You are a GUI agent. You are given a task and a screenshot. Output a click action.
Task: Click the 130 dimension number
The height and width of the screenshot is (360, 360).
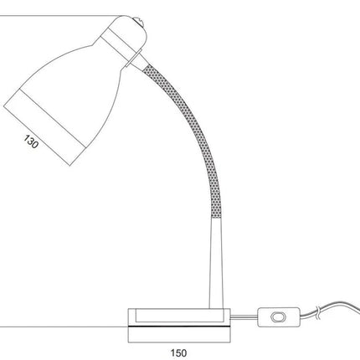31,141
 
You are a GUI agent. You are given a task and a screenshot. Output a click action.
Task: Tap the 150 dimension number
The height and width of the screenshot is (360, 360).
178,353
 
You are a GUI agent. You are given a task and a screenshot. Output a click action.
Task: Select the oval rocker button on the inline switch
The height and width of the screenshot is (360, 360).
279,317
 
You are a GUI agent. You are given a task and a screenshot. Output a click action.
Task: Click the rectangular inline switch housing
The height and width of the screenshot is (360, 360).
279,317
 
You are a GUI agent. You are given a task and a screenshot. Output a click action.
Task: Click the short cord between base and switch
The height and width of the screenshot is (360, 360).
244,316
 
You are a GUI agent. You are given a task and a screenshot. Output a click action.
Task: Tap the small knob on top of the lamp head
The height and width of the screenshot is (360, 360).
139,23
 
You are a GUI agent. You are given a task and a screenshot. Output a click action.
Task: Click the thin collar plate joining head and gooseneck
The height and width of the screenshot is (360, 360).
134,59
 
